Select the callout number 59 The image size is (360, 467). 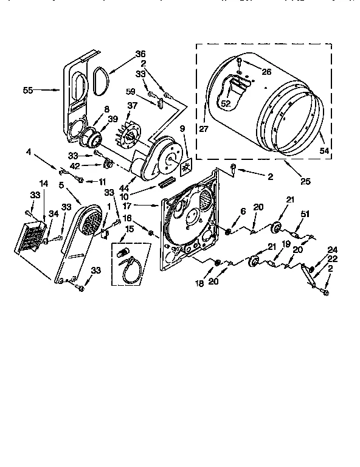131,92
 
